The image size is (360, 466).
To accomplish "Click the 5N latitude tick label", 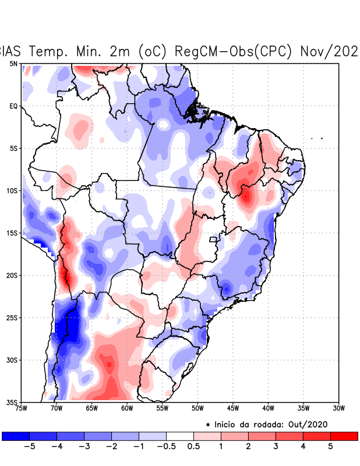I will (13, 63).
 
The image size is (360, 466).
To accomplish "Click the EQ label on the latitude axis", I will (13, 106).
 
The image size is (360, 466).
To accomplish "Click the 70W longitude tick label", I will (56, 408).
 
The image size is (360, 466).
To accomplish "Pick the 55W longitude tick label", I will (162, 408).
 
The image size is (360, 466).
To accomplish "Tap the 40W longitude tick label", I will (268, 408).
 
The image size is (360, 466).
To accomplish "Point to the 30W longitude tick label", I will (338, 408).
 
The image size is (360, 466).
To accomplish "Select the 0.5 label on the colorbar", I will (194, 446).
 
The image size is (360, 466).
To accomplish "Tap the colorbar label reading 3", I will (276, 446).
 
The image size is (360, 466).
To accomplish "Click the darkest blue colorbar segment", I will (16, 436).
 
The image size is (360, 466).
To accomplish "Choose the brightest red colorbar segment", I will (344, 436).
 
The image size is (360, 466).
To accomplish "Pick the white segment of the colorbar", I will (180, 436).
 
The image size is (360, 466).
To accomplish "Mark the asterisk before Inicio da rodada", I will (209, 426).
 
